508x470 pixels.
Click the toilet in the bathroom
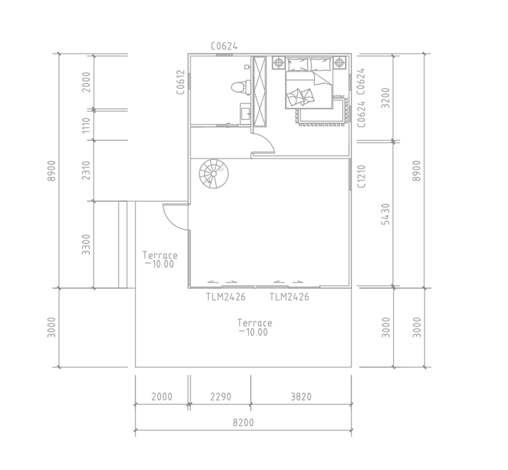click(240, 87)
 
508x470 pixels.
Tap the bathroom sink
click(245, 113)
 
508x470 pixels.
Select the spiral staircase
click(213, 174)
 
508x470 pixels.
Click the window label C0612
click(181, 82)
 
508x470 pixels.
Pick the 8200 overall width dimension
click(243, 422)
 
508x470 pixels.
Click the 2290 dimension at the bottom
click(220, 396)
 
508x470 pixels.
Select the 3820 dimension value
click(301, 396)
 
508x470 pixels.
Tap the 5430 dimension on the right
click(386, 214)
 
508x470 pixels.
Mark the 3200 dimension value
click(386, 98)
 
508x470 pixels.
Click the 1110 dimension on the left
click(86, 125)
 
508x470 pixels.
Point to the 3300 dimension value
click(86, 244)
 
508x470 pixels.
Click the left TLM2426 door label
click(226, 297)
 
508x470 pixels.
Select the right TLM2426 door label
click(290, 297)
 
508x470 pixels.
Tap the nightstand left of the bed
click(278, 62)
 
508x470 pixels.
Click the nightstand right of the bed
click(339, 62)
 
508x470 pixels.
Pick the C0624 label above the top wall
click(224, 46)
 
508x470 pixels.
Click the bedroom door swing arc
click(268, 140)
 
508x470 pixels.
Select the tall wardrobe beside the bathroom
click(259, 91)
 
